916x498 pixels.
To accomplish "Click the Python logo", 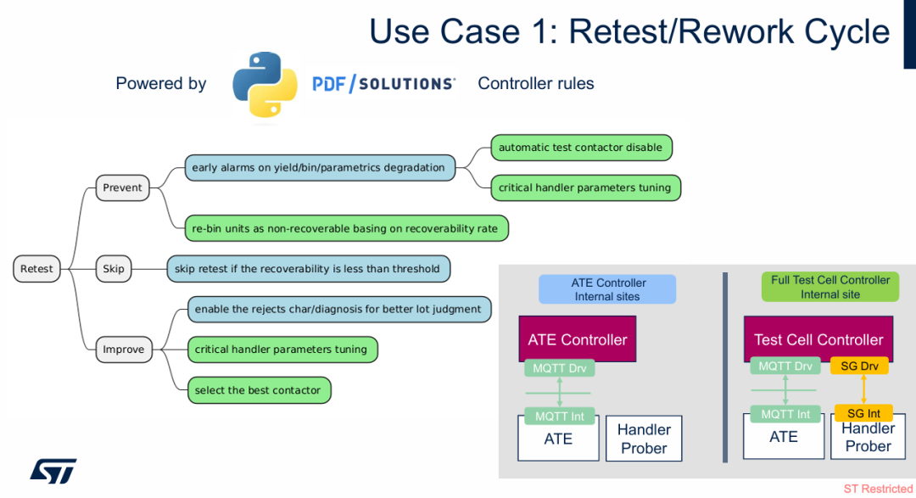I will (x=265, y=84).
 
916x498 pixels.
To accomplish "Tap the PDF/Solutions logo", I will (x=383, y=84).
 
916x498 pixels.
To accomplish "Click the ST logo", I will (x=53, y=471).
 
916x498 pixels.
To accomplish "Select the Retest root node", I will (x=36, y=269).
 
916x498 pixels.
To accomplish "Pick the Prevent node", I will (x=122, y=187).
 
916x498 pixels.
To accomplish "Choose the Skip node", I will (x=114, y=269).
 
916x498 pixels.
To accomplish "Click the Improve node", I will (x=123, y=350).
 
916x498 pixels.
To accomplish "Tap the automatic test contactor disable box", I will (x=581, y=148).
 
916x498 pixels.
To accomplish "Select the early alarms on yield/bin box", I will (x=319, y=167).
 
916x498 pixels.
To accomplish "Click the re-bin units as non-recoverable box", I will (x=346, y=228).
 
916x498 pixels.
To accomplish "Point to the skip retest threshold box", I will (x=308, y=269).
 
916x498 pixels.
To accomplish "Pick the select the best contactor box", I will (x=258, y=390).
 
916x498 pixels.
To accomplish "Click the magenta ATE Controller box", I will (x=577, y=339).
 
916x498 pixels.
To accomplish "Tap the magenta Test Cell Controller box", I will (x=818, y=339).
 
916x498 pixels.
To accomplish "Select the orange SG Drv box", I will (x=859, y=367).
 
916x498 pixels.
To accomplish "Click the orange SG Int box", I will (x=863, y=413).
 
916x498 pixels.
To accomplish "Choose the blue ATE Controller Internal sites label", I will (x=607, y=289).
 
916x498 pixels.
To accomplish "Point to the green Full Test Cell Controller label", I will (x=829, y=287).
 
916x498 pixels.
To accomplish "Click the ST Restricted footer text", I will (x=878, y=490).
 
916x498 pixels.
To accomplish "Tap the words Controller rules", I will (x=536, y=84).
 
